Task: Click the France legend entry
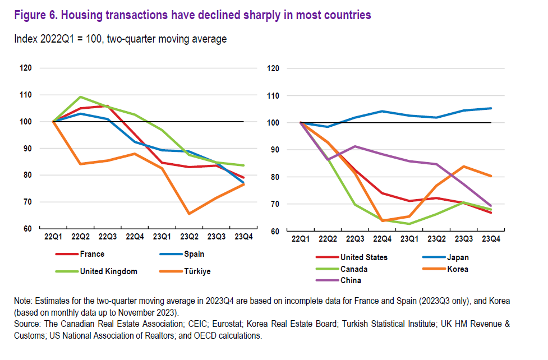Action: (x=92, y=254)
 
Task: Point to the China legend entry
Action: (x=351, y=280)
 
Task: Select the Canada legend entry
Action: (x=353, y=269)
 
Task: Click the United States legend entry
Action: (x=364, y=257)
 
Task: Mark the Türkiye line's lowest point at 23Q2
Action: (x=188, y=214)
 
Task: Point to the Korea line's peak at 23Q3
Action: (x=463, y=167)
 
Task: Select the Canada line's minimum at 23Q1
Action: (x=409, y=224)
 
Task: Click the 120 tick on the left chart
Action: (x=25, y=68)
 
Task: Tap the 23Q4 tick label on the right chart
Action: (x=491, y=239)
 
